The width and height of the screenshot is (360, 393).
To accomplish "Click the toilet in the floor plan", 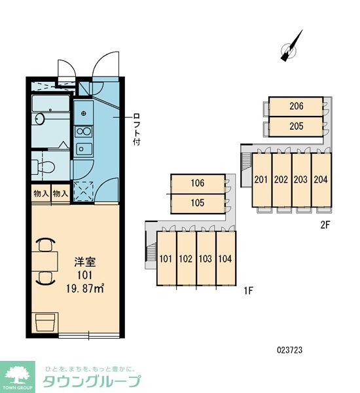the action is [43, 166].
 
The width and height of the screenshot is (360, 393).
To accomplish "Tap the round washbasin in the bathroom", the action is [39, 119].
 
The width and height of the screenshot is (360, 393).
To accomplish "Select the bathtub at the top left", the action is [51, 103].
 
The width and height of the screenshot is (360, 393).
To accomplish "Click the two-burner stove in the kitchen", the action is [84, 132].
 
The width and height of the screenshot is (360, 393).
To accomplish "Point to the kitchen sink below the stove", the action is [84, 149].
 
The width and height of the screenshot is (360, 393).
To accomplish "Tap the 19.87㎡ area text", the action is [85, 289].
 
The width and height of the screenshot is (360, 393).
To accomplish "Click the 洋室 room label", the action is [85, 262].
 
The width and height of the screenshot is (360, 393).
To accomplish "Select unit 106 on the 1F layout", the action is [198, 183].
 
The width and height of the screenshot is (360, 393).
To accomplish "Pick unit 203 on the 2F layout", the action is [301, 179].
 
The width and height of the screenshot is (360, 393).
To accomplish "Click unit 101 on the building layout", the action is [166, 259].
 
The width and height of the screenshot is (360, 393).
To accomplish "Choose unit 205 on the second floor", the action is [296, 126].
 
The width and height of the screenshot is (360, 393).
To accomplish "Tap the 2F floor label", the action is [325, 225].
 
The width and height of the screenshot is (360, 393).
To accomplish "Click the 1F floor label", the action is [248, 291].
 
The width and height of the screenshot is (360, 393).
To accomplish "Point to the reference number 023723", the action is [289, 350].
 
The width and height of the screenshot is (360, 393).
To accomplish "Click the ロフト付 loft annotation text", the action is [137, 129].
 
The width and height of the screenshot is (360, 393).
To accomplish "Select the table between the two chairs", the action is [45, 261].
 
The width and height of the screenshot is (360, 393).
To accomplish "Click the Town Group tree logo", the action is [18, 377].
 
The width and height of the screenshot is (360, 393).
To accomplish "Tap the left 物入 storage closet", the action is [41, 193].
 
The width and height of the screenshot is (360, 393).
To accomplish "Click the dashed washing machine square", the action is [84, 192].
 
